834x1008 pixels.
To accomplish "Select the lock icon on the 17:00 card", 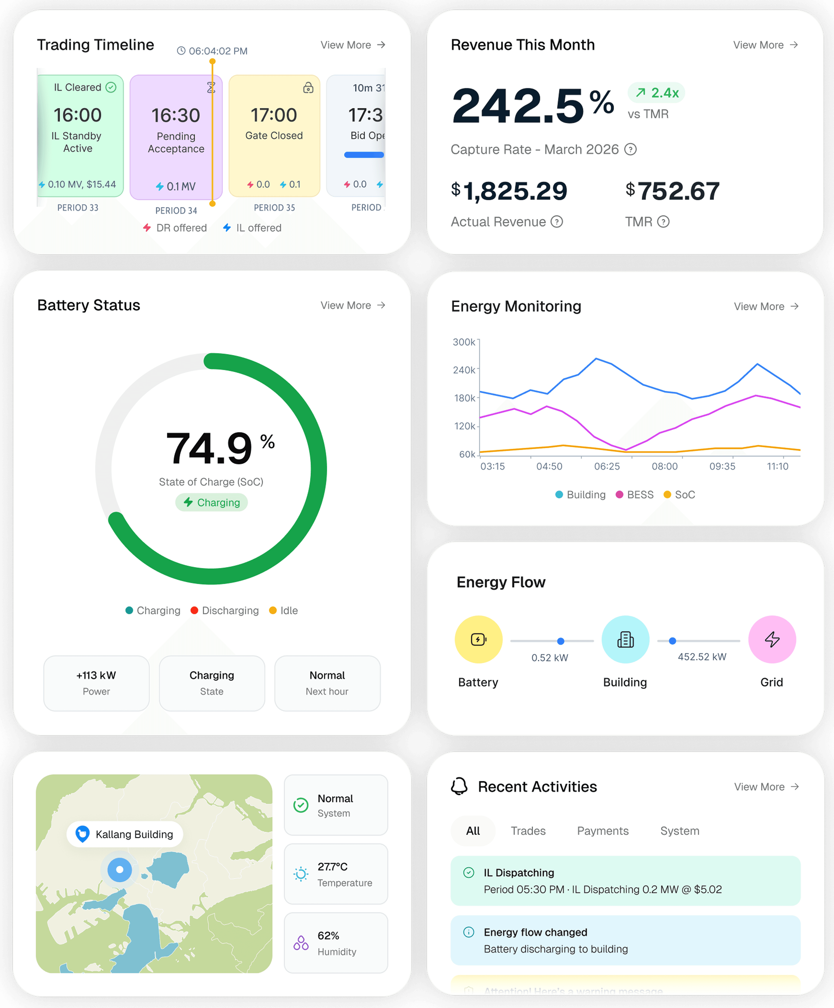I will point(308,87).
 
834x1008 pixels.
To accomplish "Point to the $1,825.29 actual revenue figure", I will point(509,191).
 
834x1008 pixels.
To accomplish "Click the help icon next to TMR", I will point(663,222).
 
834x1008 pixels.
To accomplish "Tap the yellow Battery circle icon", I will point(478,639).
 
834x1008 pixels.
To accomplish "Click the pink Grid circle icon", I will point(772,639).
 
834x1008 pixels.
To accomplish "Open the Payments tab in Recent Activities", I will point(603,831).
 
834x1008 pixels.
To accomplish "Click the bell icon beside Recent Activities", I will point(459,787).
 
